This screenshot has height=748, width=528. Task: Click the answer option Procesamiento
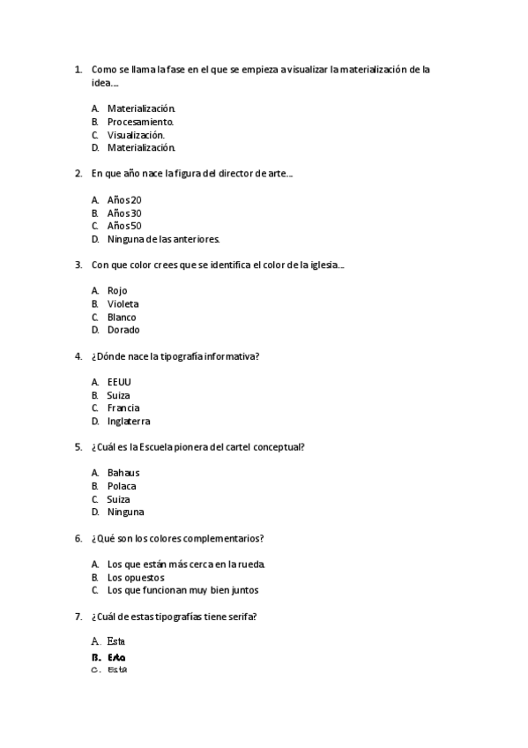tap(140, 122)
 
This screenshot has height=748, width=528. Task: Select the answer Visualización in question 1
tap(136, 135)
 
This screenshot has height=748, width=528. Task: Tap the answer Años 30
tap(124, 213)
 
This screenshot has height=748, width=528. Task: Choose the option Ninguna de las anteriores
tap(163, 239)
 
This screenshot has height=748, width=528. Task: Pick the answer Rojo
tap(117, 290)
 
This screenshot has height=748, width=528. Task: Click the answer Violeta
tap(123, 303)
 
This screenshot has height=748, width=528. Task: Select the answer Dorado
tap(123, 330)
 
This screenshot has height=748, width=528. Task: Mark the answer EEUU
tap(119, 382)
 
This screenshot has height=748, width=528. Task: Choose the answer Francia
tap(123, 408)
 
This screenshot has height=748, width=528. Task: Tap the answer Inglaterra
tap(129, 421)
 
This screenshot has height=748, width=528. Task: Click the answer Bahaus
tap(123, 473)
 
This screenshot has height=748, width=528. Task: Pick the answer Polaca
tap(122, 486)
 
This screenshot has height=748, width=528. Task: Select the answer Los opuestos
tap(136, 577)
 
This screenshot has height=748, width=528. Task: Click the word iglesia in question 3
tap(323, 265)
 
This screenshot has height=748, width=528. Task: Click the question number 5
tap(78, 447)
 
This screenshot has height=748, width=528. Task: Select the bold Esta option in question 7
tap(116, 657)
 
